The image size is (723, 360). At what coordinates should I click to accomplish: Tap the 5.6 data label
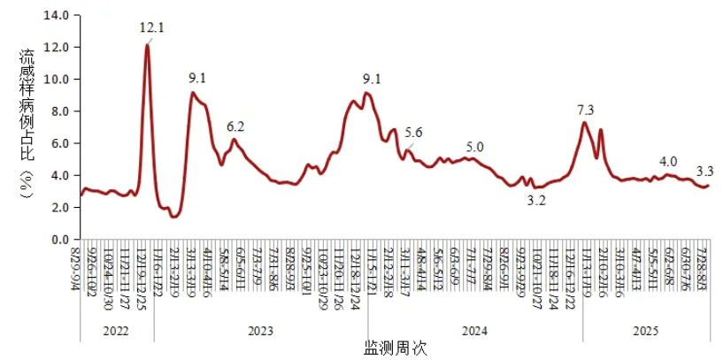[414, 134]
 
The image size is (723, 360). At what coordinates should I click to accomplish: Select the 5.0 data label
[475, 147]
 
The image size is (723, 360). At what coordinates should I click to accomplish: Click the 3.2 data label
[535, 201]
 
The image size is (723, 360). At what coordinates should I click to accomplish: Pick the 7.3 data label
[585, 110]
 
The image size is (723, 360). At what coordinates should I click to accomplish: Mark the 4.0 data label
[668, 161]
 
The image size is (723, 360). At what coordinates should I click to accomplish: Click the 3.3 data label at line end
[706, 171]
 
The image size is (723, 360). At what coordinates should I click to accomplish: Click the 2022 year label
[116, 332]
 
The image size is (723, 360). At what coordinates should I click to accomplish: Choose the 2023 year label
[260, 332]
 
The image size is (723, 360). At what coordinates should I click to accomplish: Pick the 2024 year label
[475, 332]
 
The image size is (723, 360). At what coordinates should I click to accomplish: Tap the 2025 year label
[645, 332]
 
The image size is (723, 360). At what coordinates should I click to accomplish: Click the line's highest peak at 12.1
[147, 45]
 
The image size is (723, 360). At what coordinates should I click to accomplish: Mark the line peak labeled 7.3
[584, 122]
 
